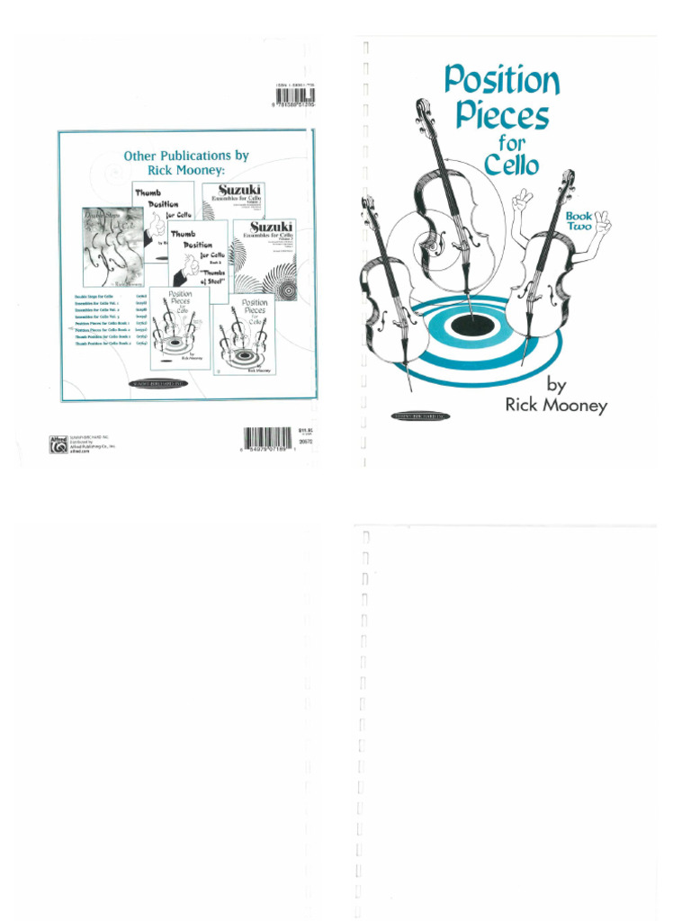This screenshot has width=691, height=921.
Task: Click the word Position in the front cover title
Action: pos(502,82)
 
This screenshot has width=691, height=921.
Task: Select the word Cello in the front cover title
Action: pos(511,165)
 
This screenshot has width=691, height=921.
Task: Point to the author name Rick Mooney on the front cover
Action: pos(556,406)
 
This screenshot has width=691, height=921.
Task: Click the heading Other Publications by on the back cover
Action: pos(186,156)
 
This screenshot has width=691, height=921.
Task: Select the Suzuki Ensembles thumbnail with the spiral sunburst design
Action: pos(265,261)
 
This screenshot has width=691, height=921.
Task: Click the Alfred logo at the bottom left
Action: pos(58,443)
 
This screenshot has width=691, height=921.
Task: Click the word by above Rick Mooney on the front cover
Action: pos(557,385)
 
